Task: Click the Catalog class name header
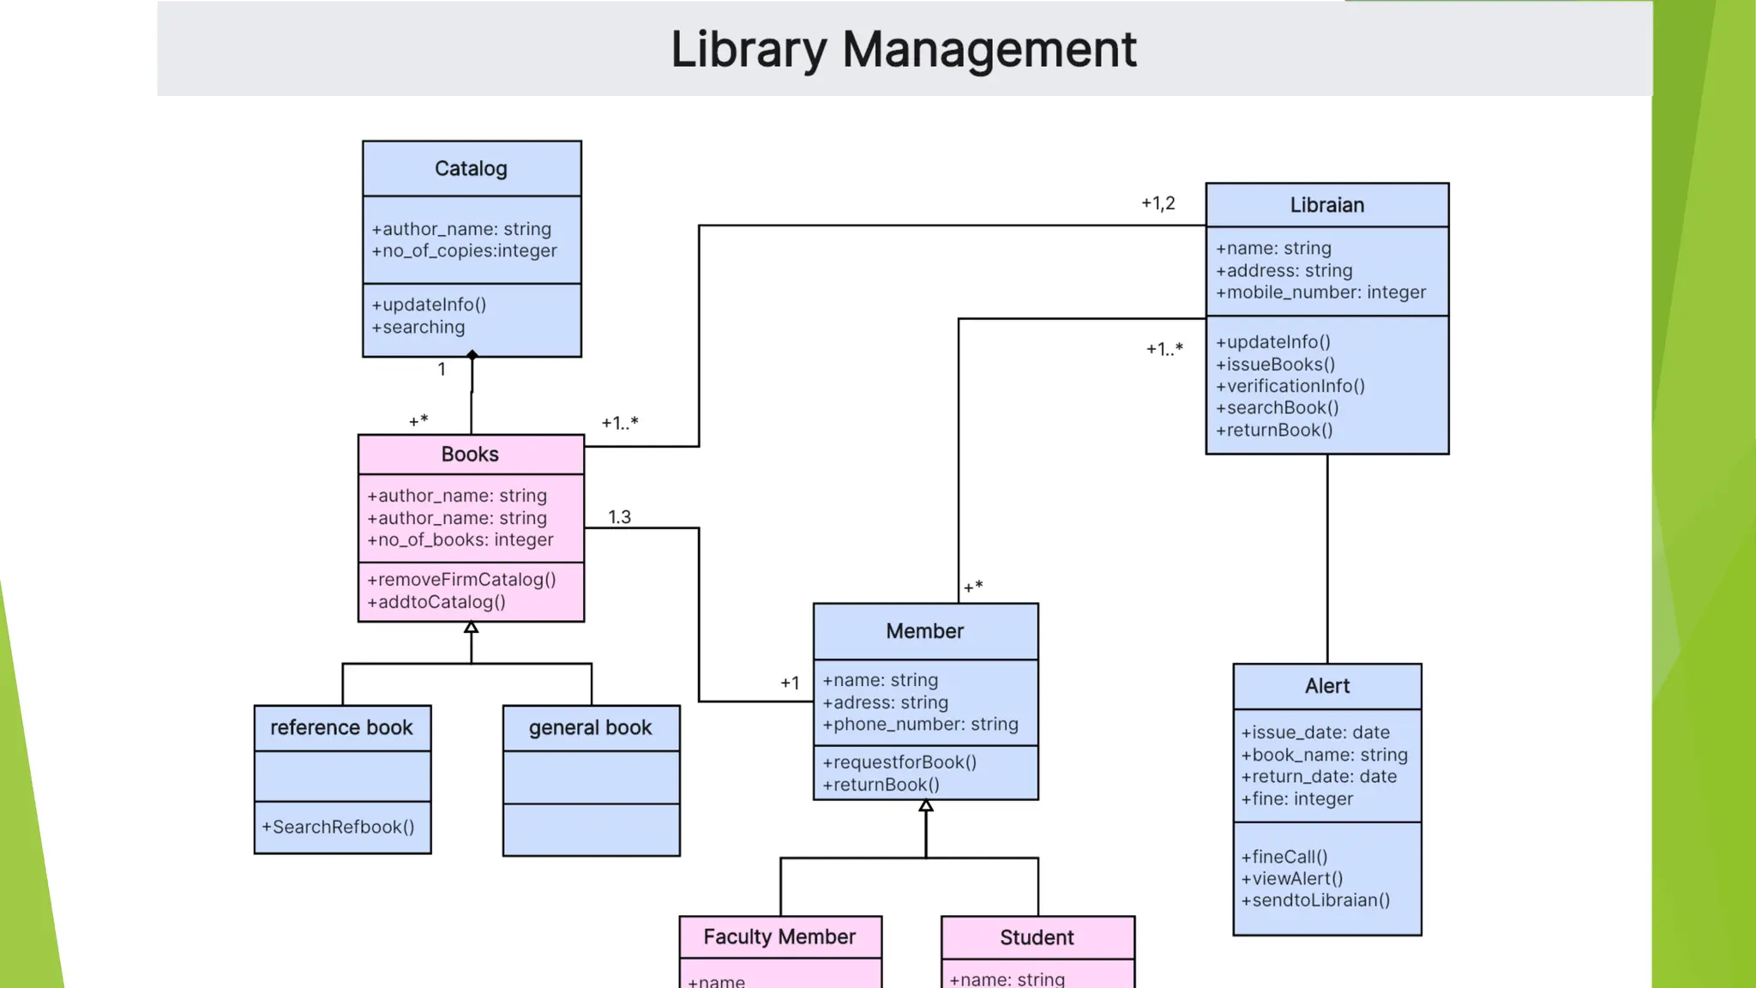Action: click(471, 169)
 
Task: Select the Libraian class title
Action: click(1326, 205)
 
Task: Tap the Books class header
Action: click(470, 455)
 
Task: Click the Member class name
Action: click(924, 631)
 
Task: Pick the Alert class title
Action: click(1326, 686)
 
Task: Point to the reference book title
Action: click(341, 728)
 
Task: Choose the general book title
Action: click(590, 728)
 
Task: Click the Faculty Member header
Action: click(779, 937)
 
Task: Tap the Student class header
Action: click(1037, 937)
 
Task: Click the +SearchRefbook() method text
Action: click(338, 827)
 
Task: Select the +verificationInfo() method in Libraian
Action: click(1290, 386)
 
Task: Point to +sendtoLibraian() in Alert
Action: click(1315, 901)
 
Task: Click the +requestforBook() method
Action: click(899, 762)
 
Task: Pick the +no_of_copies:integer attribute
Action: click(464, 251)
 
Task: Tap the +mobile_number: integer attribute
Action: click(1320, 292)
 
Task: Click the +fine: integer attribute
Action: click(1296, 799)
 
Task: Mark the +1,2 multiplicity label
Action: click(1158, 203)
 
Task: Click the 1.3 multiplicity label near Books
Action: click(619, 517)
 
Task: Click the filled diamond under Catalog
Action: click(472, 355)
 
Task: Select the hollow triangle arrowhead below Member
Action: click(926, 806)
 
